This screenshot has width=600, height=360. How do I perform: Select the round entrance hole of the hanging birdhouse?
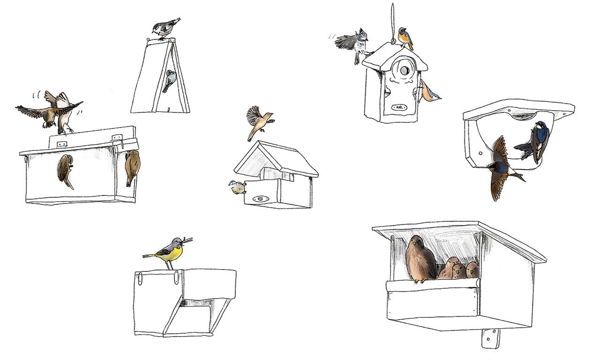(x=403, y=71)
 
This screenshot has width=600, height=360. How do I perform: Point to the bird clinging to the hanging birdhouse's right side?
(x=429, y=92)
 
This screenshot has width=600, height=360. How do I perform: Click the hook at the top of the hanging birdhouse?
(x=393, y=41)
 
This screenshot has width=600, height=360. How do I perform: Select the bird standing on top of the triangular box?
(x=165, y=28)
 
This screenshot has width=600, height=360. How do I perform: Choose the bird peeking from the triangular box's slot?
(x=170, y=80)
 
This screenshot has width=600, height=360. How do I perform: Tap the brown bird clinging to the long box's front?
(x=66, y=170)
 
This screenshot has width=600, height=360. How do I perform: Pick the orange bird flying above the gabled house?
(x=259, y=120)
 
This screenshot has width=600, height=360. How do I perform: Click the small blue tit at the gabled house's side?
(x=237, y=188)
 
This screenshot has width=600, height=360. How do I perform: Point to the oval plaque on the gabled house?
(x=261, y=199)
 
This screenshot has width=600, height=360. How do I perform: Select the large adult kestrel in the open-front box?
(x=420, y=260)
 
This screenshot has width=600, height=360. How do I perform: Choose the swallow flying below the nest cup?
(x=501, y=169)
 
